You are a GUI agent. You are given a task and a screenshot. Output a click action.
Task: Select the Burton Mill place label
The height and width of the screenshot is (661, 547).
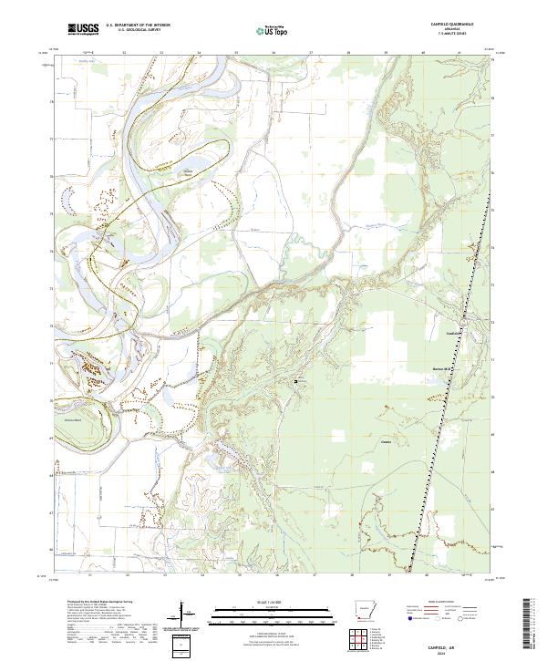pyautogui.click(x=442, y=369)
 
